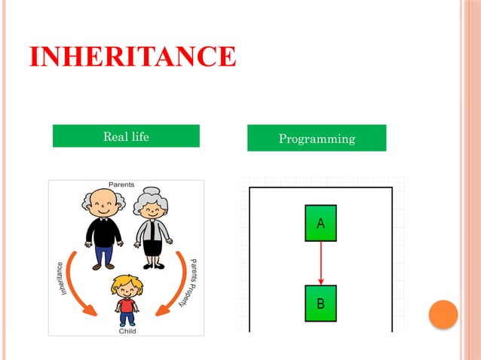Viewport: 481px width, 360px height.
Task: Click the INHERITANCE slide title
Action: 133,56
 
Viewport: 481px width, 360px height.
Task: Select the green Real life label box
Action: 126,136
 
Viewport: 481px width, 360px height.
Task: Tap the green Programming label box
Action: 317,139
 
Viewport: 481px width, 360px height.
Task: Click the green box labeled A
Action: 320,223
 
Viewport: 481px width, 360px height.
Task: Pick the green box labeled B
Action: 320,304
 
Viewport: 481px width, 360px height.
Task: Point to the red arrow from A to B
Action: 320,263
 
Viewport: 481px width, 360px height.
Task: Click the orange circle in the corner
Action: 443,315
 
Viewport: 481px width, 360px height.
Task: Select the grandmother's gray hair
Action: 153,197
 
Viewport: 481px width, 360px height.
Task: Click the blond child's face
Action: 126,289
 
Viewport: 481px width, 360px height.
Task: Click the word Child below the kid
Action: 127,330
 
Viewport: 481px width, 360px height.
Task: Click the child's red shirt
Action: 127,305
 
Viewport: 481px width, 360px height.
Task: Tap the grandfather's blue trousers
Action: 103,255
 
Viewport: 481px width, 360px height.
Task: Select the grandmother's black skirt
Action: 154,246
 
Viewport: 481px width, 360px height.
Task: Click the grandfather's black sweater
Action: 103,230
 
